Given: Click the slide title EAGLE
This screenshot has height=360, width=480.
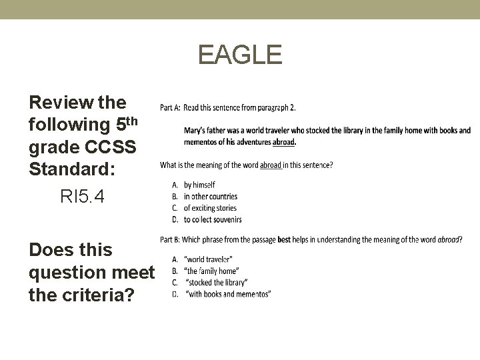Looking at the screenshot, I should (240, 55).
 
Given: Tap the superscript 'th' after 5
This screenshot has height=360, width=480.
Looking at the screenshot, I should (133, 121).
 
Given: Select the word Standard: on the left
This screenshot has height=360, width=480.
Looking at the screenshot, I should (73, 169).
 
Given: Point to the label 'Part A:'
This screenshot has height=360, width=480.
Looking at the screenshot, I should (170, 107).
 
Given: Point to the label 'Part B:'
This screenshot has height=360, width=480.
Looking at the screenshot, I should (170, 239).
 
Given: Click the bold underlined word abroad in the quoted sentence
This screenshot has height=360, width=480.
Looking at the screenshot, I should (284, 142).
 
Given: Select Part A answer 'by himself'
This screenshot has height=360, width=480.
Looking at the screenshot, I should (199, 185).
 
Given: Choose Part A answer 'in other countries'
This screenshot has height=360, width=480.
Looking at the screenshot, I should (210, 197).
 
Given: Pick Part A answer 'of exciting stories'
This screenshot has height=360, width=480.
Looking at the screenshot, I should (210, 208).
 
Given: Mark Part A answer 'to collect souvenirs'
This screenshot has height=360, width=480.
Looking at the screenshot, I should (213, 219).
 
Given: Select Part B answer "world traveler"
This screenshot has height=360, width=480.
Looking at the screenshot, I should (209, 259).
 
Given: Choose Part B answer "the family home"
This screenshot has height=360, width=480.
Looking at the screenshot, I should (211, 271).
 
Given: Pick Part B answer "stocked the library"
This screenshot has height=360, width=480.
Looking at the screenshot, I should (216, 283).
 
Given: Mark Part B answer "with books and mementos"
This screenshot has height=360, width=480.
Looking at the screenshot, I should (227, 294).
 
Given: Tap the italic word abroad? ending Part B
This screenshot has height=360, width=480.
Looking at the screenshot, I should (450, 239).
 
